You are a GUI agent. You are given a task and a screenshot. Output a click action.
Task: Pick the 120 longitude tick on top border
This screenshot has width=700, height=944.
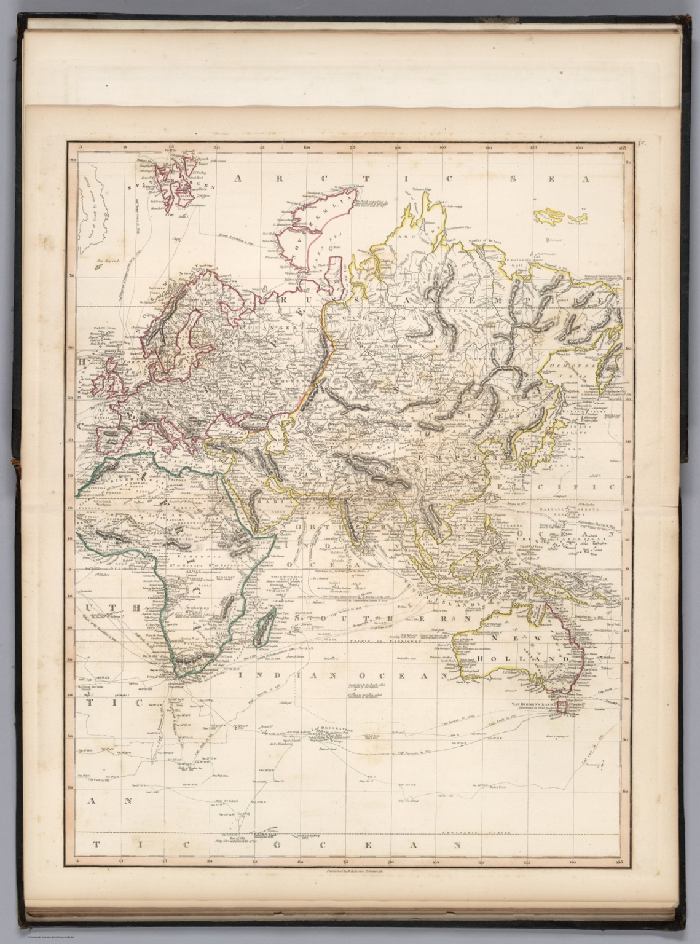(x=489, y=147)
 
